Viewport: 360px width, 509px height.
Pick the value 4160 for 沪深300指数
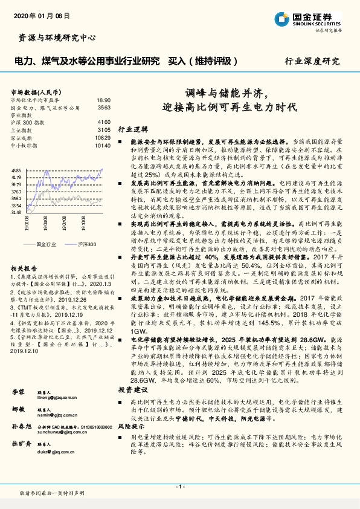(x=103, y=122)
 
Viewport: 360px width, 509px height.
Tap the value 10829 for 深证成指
(x=102, y=138)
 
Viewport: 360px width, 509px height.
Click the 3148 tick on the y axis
(x=16, y=212)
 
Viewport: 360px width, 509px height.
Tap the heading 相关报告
(x=24, y=268)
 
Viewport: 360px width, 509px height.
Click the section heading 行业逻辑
(x=133, y=129)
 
